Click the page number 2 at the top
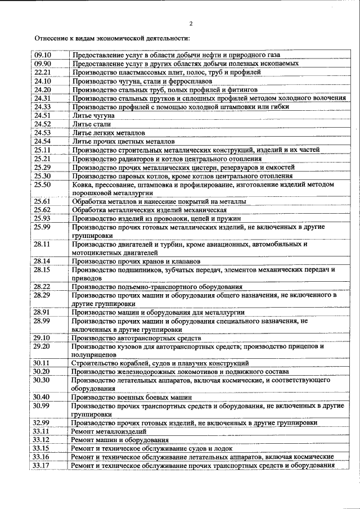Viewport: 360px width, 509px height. [191, 24]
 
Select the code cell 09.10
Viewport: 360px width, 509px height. [43, 56]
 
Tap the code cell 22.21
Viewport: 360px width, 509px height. [43, 73]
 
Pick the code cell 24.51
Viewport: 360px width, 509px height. [43, 115]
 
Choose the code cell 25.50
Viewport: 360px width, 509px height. [43, 184]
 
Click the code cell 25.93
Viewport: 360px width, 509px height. [43, 218]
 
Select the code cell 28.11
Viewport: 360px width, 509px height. [43, 244]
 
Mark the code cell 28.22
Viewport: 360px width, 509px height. [43, 286]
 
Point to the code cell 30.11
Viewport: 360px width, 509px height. [43, 363]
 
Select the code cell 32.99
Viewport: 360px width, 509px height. [43, 422]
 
